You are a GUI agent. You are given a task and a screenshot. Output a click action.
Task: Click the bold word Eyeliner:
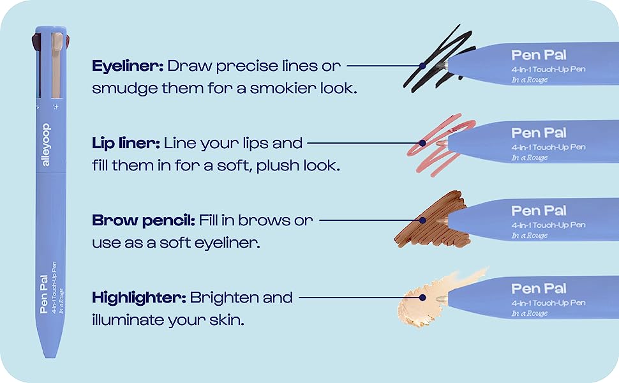point(128,66)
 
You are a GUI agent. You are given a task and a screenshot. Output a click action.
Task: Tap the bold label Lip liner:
point(126,143)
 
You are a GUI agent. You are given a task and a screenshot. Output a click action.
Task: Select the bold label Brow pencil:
point(143,221)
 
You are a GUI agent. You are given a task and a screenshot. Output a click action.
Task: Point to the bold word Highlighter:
point(138,298)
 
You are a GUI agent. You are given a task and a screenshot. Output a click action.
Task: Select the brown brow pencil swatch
point(428,220)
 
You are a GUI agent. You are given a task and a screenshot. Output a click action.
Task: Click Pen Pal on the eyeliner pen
point(539,55)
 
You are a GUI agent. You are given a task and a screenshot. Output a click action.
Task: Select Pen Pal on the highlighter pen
point(539,289)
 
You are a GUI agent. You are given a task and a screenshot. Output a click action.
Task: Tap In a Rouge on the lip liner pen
point(529,158)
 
